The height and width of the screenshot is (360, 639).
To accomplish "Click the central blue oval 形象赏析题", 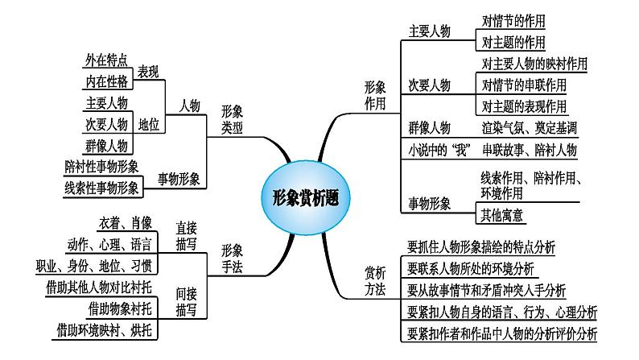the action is tap(305, 198).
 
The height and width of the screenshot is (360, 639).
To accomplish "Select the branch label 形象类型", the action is tap(232, 119).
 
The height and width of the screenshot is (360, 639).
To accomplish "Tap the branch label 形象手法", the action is tap(232, 259).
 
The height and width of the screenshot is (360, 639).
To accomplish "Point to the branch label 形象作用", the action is tap(375, 95).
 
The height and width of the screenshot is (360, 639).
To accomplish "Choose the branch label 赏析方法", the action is tap(375, 281).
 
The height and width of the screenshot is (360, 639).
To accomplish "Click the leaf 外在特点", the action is tap(106, 60).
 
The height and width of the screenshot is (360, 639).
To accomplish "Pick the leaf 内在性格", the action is tap(106, 81).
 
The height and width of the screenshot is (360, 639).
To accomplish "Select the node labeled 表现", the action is tap(148, 72).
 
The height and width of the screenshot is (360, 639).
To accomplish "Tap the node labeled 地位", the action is tap(148, 124).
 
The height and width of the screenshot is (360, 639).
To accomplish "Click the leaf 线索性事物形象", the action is tap(101, 188).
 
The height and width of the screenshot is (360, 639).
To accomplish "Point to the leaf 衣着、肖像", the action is tap(126, 223).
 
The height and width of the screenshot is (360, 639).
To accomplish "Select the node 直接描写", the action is tap(186, 236).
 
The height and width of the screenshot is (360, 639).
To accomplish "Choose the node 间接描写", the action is tap(186, 302).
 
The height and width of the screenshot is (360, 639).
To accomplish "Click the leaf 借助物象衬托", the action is tap(120, 309).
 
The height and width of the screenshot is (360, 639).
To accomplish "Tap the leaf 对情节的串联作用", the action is tap(524, 85).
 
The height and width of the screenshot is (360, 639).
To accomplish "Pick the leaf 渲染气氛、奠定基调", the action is tap(529, 128).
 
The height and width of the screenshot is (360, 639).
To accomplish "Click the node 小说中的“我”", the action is tap(439, 150).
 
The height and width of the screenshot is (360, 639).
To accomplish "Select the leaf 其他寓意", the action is tap(501, 215).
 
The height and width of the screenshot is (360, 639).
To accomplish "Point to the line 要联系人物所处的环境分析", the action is tap(471, 268).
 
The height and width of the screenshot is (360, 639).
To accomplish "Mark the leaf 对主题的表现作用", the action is tap(524, 106).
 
